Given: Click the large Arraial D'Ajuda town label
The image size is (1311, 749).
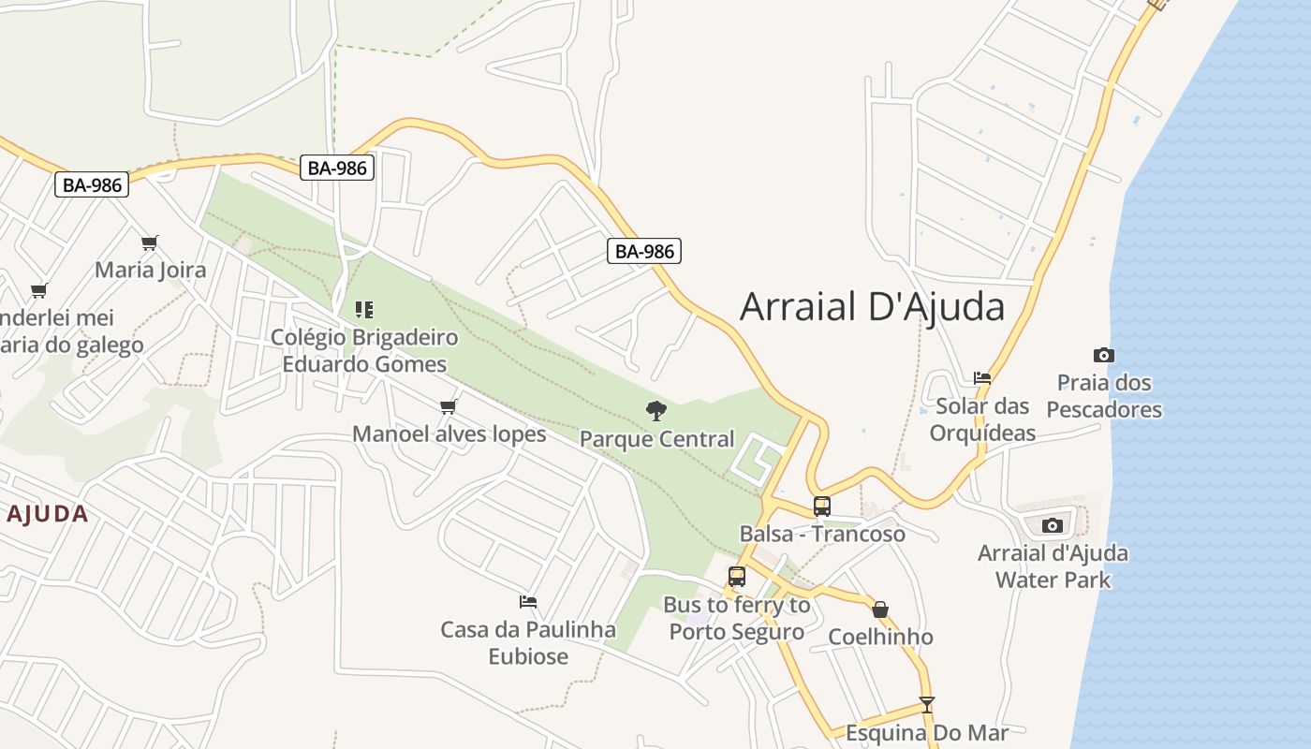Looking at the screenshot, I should [872, 307].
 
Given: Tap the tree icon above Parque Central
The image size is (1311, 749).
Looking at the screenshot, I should [656, 410].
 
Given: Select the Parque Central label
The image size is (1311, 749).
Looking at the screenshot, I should [656, 438].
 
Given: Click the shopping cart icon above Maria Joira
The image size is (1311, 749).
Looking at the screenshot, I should [149, 243].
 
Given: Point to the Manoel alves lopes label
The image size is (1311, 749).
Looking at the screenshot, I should [449, 433].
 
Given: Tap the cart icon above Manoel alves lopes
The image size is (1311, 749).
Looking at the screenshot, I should [448, 406].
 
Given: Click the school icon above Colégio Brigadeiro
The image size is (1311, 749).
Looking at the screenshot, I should [364, 309].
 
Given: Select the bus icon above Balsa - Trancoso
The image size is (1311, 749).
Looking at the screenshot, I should [821, 507].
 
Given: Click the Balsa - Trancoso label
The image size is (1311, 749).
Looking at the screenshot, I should [822, 534].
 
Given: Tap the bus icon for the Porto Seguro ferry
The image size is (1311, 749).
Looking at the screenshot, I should [736, 577].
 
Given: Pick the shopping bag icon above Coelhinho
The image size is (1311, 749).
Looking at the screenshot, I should [880, 609].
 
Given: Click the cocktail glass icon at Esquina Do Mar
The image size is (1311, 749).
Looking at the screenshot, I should [926, 705].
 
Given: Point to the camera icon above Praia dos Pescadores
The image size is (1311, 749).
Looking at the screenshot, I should [1104, 355].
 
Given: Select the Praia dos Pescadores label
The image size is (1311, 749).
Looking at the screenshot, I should [1104, 396].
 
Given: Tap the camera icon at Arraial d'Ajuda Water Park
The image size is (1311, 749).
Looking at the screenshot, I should [1052, 525].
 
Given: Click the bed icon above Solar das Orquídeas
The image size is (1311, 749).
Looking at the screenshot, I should [981, 378].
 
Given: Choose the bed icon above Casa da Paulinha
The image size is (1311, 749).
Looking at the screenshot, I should [528, 602].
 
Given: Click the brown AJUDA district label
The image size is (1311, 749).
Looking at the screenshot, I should [47, 514].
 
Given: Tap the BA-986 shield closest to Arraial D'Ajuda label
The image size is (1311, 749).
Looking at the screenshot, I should [644, 251].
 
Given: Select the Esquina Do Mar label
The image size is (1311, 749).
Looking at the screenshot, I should [926, 732].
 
